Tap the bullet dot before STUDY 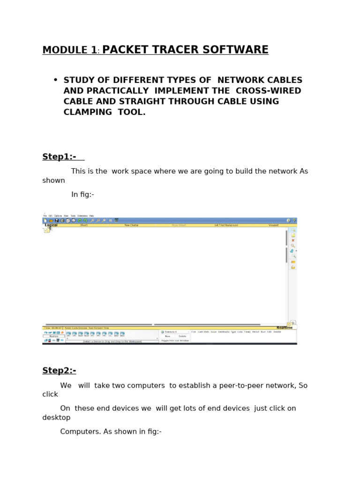pyautogui.click(x=55, y=80)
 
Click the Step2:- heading pyautogui.click(x=59, y=371)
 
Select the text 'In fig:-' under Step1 pyautogui.click(x=82, y=195)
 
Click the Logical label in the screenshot pyautogui.click(x=51, y=225)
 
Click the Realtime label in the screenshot pyautogui.click(x=285, y=328)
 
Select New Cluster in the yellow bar pyautogui.click(x=131, y=225)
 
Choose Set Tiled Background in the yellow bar pyautogui.click(x=226, y=225)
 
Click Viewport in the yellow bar pyautogui.click(x=274, y=225)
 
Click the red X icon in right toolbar pyautogui.click(x=293, y=240)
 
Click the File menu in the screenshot pyautogui.click(x=45, y=216)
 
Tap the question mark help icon pyautogui.click(x=294, y=220)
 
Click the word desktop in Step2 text pyautogui.click(x=56, y=418)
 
